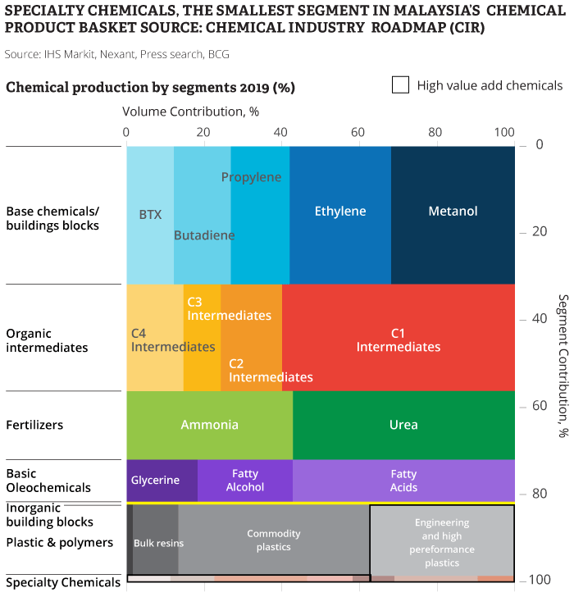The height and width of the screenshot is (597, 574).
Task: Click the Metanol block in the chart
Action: (453, 212)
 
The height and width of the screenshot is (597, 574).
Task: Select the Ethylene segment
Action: (340, 212)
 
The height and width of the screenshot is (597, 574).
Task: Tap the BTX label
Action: (150, 215)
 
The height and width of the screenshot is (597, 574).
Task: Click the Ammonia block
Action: (209, 425)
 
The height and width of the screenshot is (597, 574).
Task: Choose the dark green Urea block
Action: (403, 425)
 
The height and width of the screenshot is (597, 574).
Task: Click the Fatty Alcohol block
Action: (245, 481)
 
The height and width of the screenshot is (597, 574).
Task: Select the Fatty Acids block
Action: (403, 481)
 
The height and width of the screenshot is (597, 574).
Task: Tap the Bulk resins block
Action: (158, 543)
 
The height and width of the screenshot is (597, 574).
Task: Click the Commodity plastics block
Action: (274, 540)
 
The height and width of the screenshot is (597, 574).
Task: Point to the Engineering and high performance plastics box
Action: (442, 542)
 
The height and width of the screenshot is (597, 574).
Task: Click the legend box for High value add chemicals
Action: (400, 85)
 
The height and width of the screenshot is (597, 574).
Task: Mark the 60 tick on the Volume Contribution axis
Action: (358, 133)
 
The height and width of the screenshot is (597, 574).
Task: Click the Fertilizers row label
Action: (34, 425)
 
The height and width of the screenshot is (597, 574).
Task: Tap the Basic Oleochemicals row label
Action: (48, 481)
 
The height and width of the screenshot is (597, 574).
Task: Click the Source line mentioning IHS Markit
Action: (116, 54)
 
